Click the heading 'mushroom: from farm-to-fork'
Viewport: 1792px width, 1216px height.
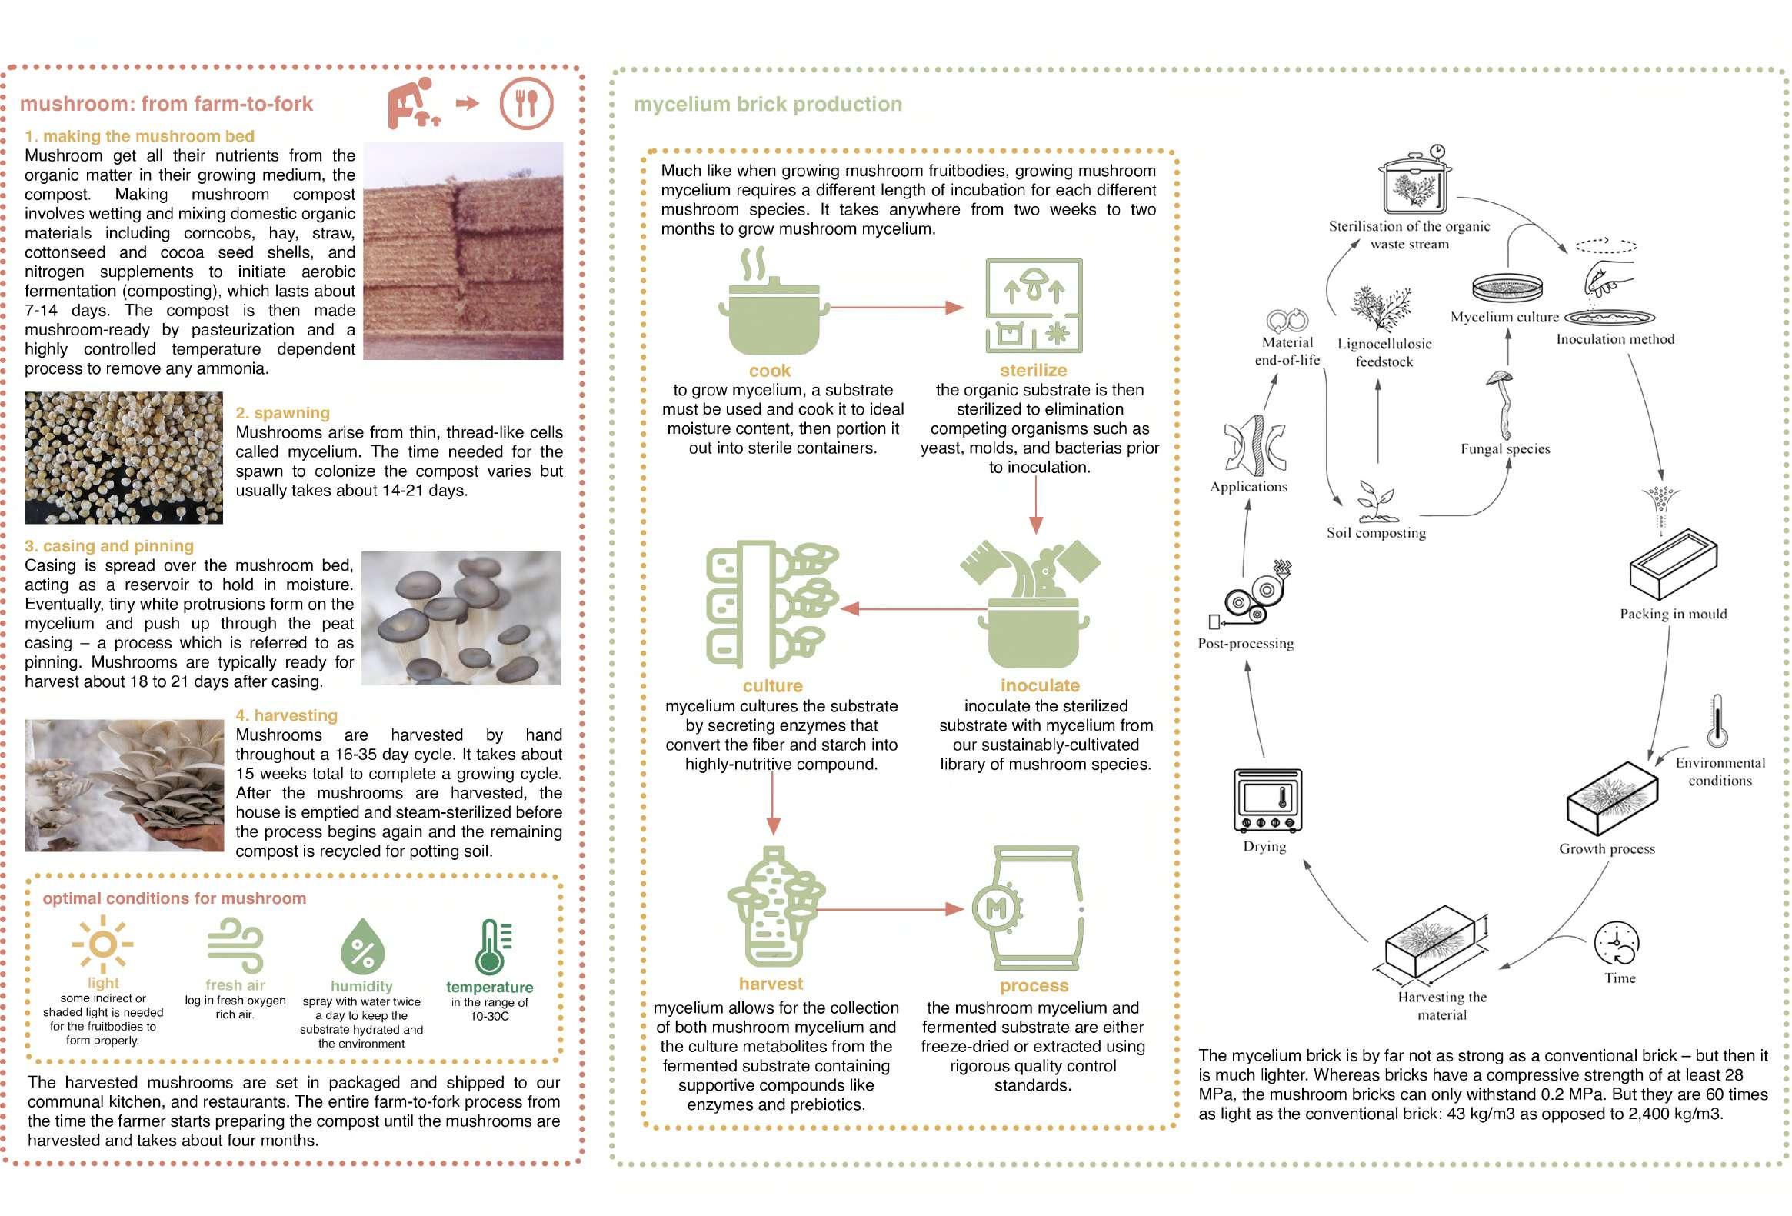[167, 104]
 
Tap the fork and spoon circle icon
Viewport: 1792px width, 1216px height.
[526, 103]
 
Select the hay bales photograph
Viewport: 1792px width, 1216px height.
[463, 251]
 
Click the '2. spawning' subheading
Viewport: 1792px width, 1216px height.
[282, 413]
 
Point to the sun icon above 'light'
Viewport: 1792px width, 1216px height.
[102, 944]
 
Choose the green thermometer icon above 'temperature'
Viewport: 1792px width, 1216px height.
[491, 947]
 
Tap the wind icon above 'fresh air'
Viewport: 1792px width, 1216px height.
[235, 944]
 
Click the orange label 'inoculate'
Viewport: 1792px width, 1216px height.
[1039, 685]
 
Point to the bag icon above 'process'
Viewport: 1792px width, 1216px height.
[1034, 910]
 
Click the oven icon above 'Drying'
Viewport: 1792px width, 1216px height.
[1267, 801]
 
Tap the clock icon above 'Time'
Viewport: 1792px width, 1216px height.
[1617, 942]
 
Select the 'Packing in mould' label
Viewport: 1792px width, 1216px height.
[1673, 614]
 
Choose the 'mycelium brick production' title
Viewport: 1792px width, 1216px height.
[768, 105]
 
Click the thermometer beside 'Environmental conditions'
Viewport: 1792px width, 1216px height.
[1717, 721]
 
